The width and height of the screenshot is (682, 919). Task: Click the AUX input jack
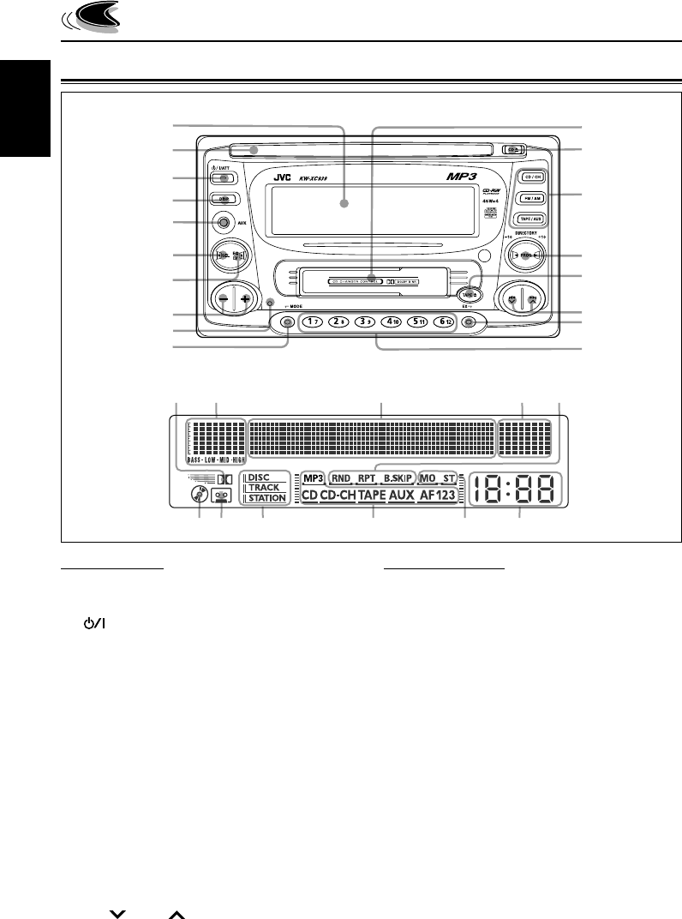click(x=224, y=224)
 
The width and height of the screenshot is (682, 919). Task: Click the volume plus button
click(x=245, y=301)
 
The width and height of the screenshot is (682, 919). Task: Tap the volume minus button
click(x=223, y=301)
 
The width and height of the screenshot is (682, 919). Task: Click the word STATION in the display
click(x=266, y=498)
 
